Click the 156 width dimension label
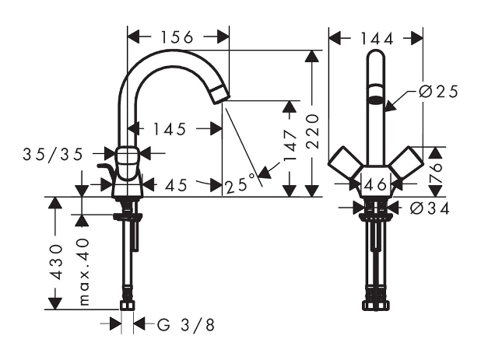pos(177,37)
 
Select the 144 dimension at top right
pos(377,39)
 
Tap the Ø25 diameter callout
pos(439,92)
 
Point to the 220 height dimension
pos(313,131)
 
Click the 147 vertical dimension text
pos(290,145)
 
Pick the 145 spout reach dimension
pos(170,129)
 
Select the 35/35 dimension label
pos(53,154)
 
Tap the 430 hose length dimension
pos(57,262)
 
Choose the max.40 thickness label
pos(84,272)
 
